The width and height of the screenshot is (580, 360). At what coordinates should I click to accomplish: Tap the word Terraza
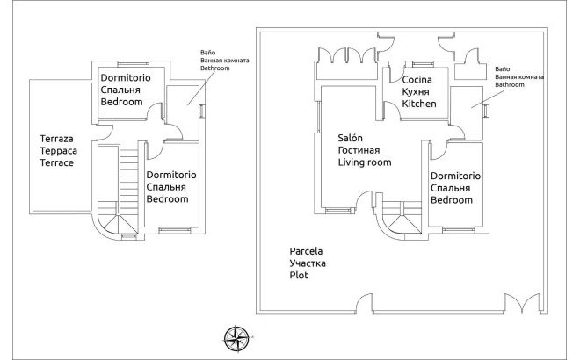coord(57,139)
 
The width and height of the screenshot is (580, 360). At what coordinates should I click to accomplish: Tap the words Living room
coord(365,162)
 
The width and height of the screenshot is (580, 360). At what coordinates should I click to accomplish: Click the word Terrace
coord(57,163)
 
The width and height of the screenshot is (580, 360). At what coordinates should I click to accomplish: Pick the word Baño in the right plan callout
coord(503,68)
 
